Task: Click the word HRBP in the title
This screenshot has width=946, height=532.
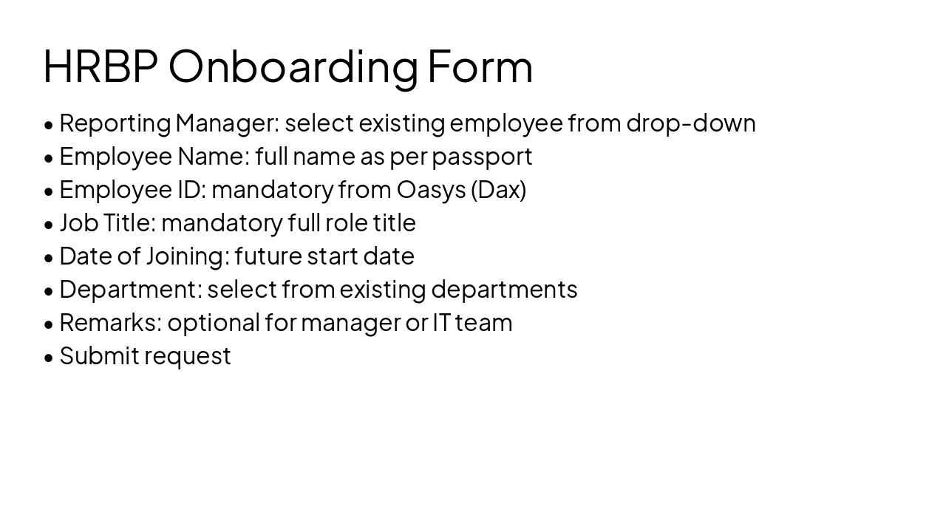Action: pos(101,66)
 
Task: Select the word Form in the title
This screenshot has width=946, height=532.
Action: pos(480,66)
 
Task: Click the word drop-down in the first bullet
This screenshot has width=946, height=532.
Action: pos(690,123)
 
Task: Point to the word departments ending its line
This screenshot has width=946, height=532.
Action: pos(504,290)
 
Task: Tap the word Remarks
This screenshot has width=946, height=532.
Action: pos(110,322)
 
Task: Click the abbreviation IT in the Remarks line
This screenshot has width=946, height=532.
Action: pos(441,322)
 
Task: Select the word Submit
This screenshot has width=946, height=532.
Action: pos(99,355)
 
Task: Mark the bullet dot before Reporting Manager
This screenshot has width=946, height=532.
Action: pos(49,124)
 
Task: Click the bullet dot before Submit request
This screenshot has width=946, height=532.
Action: pos(49,357)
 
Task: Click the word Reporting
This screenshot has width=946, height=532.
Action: pos(115,123)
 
